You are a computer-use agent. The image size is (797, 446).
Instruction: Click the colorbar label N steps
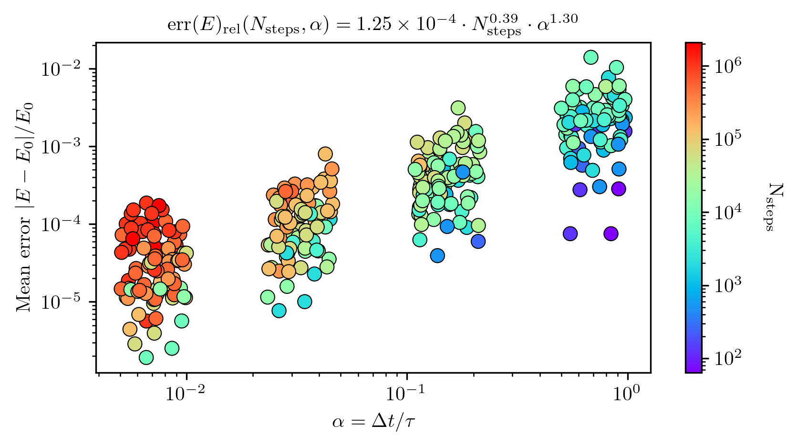point(771,207)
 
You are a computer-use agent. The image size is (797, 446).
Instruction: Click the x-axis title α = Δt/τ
point(373,422)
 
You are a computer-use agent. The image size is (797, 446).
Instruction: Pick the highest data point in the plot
point(590,57)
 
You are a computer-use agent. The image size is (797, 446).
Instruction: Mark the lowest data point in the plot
point(146,357)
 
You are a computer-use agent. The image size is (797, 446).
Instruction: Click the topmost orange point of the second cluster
point(325,154)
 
